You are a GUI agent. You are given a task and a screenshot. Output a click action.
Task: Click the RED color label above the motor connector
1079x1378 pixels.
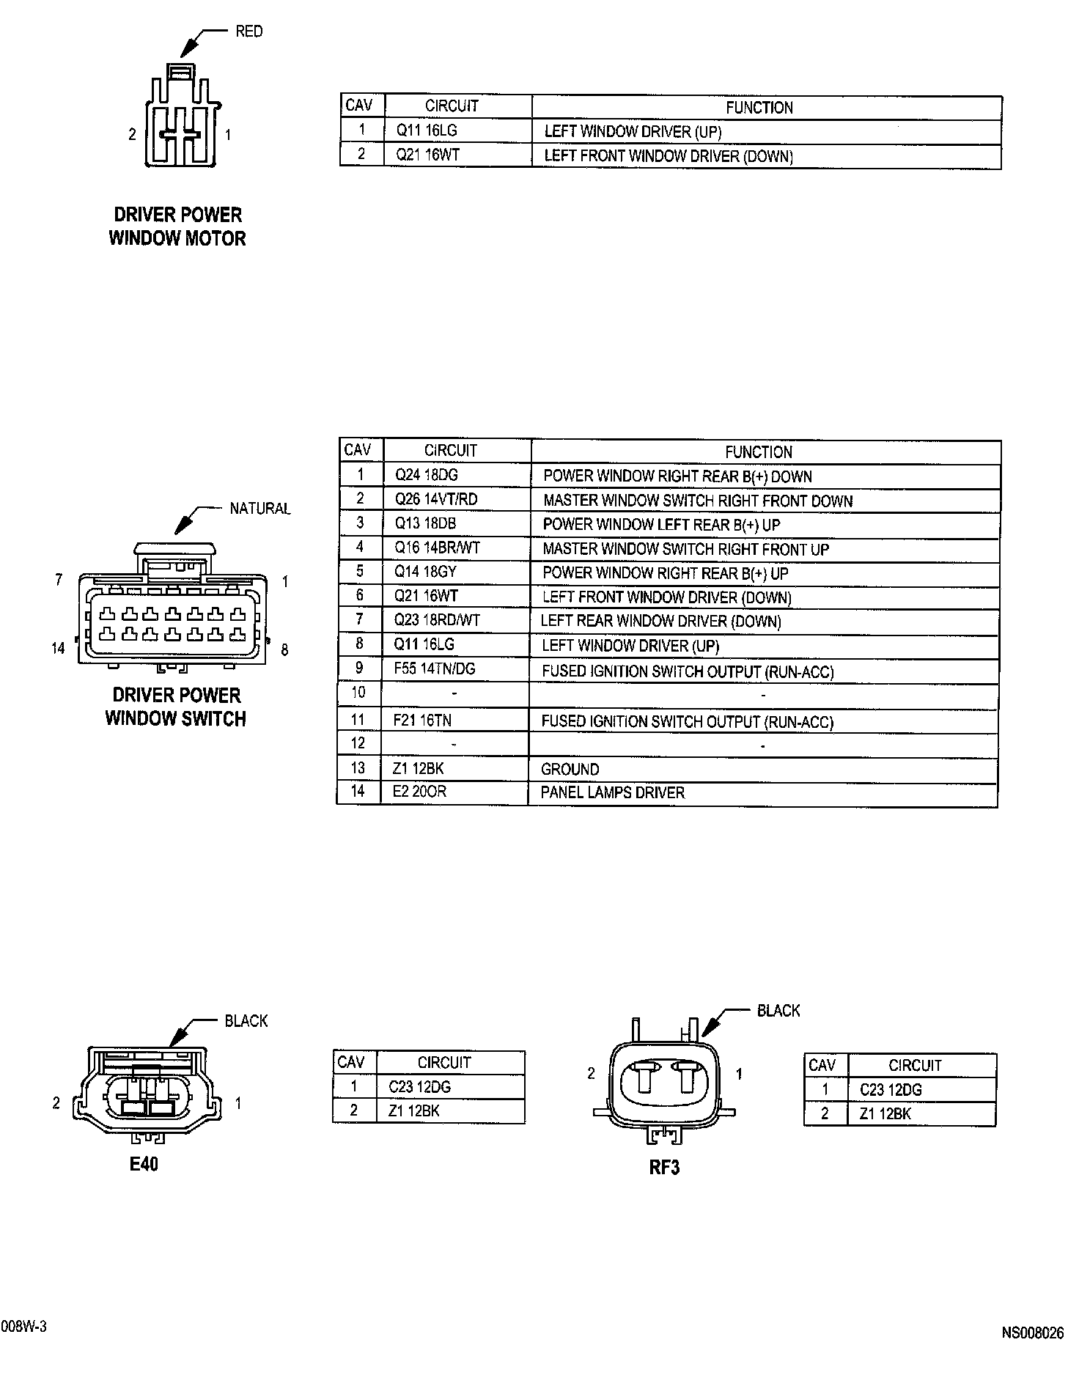point(248,32)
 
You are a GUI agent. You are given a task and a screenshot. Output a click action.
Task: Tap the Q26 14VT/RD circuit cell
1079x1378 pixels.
point(435,500)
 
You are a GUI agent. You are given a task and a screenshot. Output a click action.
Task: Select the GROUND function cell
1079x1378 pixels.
point(570,770)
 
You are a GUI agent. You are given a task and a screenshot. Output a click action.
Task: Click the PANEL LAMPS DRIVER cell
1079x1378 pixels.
point(612,793)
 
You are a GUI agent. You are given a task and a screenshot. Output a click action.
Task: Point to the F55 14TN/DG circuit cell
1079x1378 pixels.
point(434,669)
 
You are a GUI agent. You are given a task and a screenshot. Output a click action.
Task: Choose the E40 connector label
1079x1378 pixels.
point(144,1164)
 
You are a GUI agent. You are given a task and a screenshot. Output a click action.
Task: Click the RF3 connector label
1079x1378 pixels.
point(664,1167)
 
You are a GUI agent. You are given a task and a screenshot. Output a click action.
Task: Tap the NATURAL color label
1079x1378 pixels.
point(259,509)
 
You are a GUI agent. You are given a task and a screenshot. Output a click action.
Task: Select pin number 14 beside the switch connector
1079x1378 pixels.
point(58,649)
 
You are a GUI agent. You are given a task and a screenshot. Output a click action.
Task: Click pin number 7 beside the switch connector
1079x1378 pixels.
point(59,581)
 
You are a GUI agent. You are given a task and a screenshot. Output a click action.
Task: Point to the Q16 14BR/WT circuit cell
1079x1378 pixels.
point(437,548)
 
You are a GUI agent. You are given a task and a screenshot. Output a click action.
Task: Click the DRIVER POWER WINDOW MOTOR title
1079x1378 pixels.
point(177,226)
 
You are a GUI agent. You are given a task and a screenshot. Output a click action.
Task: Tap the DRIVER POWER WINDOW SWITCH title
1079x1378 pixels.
point(176,707)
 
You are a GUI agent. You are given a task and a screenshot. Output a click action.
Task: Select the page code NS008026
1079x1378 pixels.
point(1032,1333)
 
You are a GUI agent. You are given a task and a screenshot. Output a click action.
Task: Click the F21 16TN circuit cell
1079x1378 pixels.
point(422,721)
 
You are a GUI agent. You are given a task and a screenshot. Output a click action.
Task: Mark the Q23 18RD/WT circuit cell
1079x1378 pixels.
point(437,621)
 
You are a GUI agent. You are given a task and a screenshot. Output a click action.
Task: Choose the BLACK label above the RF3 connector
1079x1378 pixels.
point(778,1012)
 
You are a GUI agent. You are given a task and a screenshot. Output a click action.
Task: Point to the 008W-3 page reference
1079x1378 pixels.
point(24,1327)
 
